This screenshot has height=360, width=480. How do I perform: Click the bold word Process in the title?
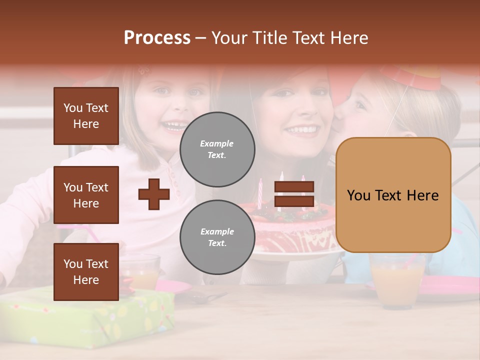click(x=157, y=37)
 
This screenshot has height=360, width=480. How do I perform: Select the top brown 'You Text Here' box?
click(x=86, y=116)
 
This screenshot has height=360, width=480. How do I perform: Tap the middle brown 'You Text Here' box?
click(x=86, y=195)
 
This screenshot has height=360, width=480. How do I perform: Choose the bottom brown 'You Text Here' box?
click(x=86, y=271)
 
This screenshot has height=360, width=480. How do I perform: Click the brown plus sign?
click(x=153, y=193)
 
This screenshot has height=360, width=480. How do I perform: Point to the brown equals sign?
click(x=294, y=194)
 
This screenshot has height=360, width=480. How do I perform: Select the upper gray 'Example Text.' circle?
click(x=217, y=149)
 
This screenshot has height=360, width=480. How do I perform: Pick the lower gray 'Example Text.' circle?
click(x=217, y=237)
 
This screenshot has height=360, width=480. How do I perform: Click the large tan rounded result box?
click(x=393, y=195)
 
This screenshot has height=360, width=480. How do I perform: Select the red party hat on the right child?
click(x=412, y=77)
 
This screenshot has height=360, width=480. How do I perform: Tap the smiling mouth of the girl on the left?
click(x=175, y=125)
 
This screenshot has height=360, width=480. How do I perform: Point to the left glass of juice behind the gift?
click(x=143, y=272)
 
